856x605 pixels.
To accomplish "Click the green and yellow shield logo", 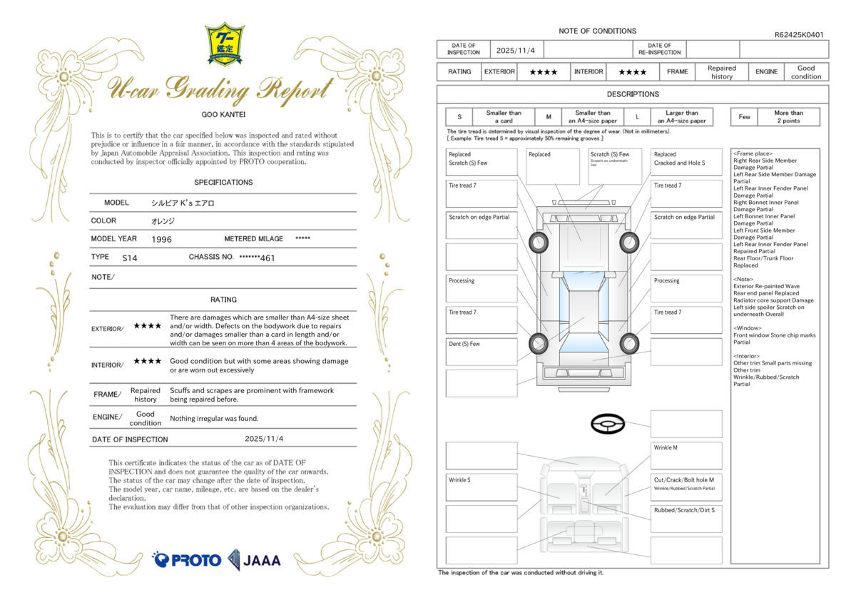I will (x=225, y=44).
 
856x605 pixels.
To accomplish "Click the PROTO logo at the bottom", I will (x=187, y=559).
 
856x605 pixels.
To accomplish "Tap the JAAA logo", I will (x=255, y=559).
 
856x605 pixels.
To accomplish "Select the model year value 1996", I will (x=162, y=240).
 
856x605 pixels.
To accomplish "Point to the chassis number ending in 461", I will (x=257, y=258).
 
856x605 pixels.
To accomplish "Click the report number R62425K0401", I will (x=799, y=34).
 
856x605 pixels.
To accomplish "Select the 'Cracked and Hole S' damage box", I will (x=686, y=162).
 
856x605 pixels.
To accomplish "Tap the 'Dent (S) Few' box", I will (x=481, y=351).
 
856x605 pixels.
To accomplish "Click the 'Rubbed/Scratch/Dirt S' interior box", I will (x=686, y=518).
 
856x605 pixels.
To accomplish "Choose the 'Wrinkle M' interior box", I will (x=686, y=455).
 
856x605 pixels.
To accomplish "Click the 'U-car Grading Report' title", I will (x=220, y=88).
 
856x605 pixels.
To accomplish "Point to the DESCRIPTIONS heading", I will (x=633, y=94).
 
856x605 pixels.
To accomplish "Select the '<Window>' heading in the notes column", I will (x=748, y=328).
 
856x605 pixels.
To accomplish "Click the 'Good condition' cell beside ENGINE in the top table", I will (x=806, y=72).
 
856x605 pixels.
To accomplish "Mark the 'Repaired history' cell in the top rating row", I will (x=721, y=72).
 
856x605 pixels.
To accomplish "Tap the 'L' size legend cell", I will (x=637, y=117).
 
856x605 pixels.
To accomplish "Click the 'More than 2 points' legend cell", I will (x=788, y=117).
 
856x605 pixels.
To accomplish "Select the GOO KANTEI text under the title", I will (x=223, y=114).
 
